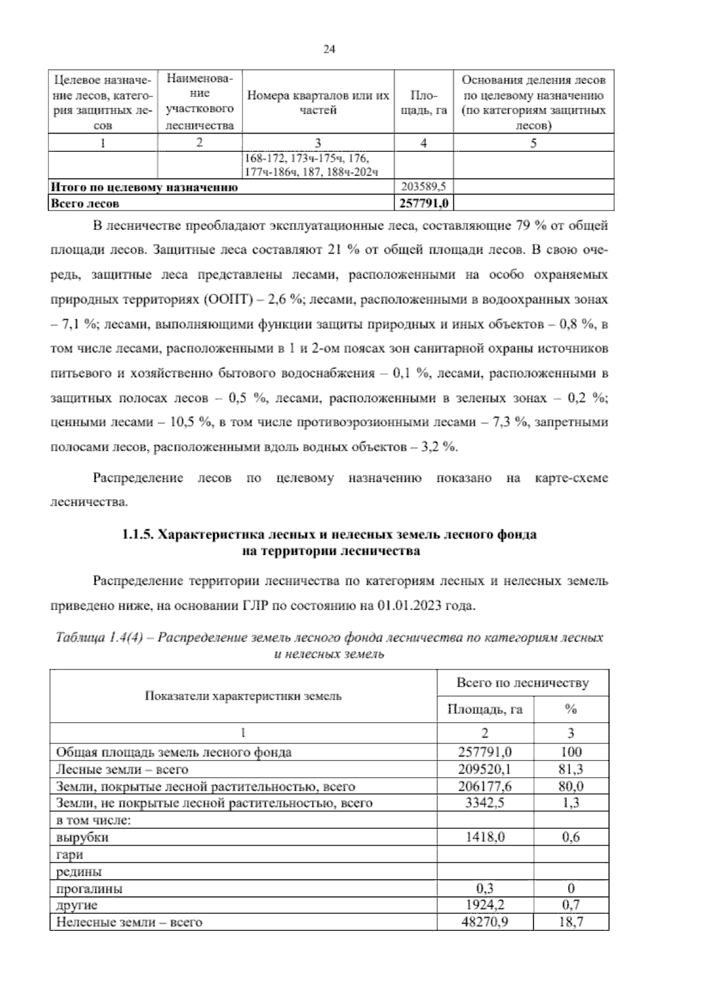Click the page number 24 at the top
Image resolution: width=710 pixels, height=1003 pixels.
click(x=330, y=50)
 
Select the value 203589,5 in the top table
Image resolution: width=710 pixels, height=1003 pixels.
click(x=423, y=187)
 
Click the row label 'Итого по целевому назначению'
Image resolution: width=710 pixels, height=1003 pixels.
click(x=144, y=187)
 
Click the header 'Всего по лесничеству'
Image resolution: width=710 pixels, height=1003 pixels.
click(x=522, y=683)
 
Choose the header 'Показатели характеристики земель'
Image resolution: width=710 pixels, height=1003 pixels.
click(x=243, y=695)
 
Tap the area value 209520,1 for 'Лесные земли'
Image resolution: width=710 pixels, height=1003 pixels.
click(x=485, y=769)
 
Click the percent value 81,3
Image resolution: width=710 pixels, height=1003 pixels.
click(x=570, y=769)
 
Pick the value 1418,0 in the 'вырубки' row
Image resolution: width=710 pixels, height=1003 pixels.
click(x=485, y=837)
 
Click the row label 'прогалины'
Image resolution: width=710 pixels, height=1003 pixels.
click(x=89, y=888)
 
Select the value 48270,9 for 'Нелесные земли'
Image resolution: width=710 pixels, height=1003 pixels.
click(x=485, y=922)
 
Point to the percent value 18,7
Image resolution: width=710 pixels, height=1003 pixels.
click(x=570, y=922)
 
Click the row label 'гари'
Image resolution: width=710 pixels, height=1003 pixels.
click(x=69, y=855)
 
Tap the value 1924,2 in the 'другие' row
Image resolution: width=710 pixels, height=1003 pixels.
click(x=485, y=905)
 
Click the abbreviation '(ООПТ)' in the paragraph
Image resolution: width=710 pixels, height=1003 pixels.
click(x=228, y=300)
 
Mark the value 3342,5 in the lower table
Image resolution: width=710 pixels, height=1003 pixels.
click(x=485, y=803)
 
